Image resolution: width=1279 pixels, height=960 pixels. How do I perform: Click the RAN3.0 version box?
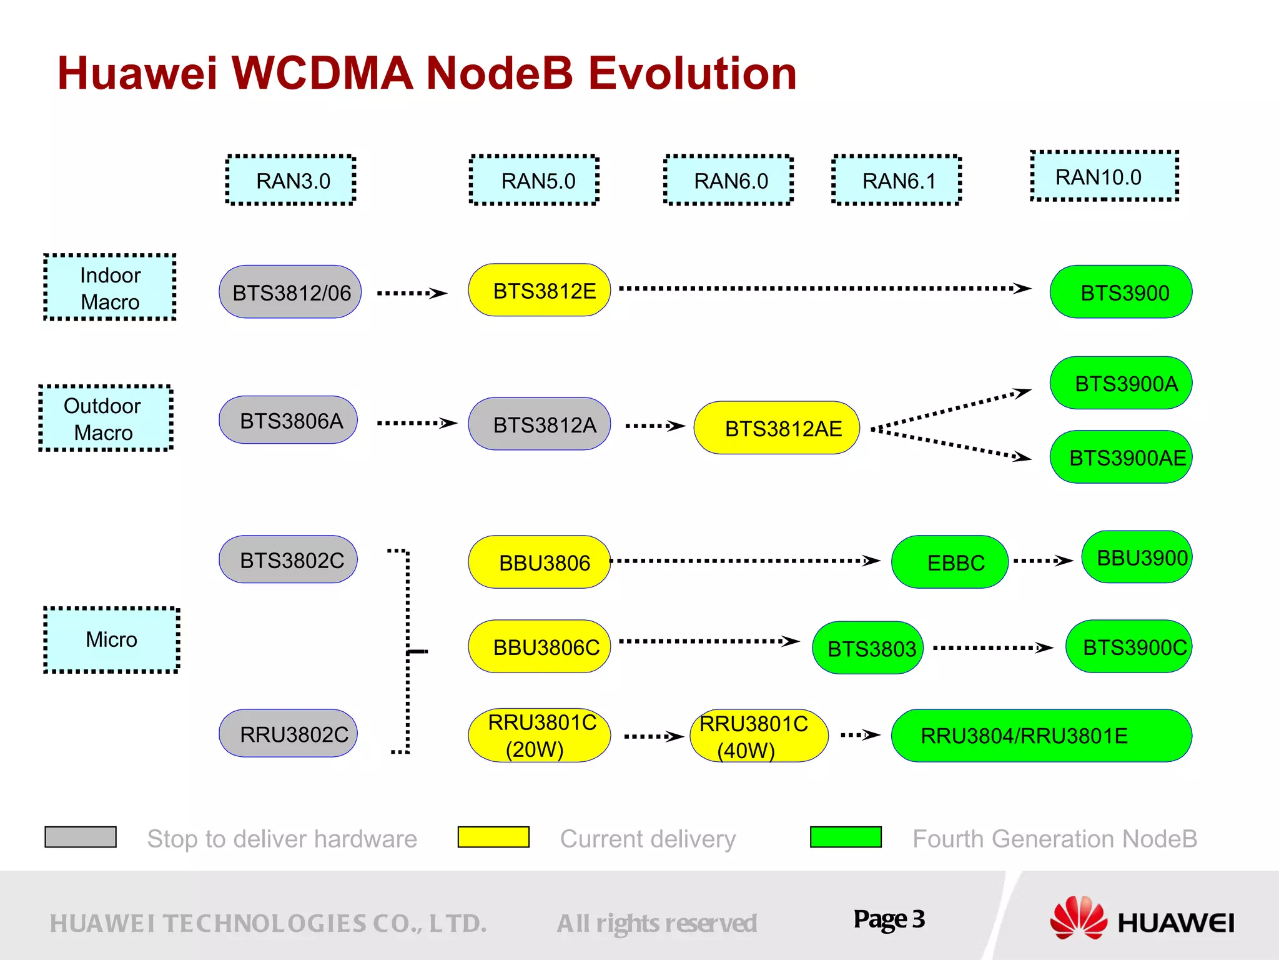290,180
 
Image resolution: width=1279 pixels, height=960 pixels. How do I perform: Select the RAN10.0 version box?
1104,176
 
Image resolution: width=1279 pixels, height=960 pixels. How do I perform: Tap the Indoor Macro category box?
110,287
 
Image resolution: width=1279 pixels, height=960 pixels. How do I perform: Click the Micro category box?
112,639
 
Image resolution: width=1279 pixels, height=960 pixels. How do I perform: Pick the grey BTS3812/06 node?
290,292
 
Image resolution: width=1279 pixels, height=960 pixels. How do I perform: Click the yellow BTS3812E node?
540,290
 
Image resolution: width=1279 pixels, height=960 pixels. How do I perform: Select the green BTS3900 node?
1121,292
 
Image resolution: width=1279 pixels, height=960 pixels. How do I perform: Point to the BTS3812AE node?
777,428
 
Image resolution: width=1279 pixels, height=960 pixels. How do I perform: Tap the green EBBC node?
950,562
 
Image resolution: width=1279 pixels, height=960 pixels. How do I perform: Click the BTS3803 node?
868,648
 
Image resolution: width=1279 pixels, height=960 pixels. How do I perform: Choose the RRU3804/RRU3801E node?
1042,736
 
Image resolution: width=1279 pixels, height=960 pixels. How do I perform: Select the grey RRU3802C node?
289,734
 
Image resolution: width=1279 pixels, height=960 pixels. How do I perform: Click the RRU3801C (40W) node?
759,736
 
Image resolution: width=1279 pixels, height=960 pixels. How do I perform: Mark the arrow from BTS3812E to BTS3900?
824,289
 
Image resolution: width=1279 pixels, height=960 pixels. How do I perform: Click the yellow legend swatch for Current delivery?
493,837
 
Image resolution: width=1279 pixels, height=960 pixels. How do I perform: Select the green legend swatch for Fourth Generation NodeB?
846,837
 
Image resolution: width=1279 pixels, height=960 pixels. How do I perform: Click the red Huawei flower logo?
1078,917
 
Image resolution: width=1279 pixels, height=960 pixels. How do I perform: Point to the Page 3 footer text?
889,919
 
